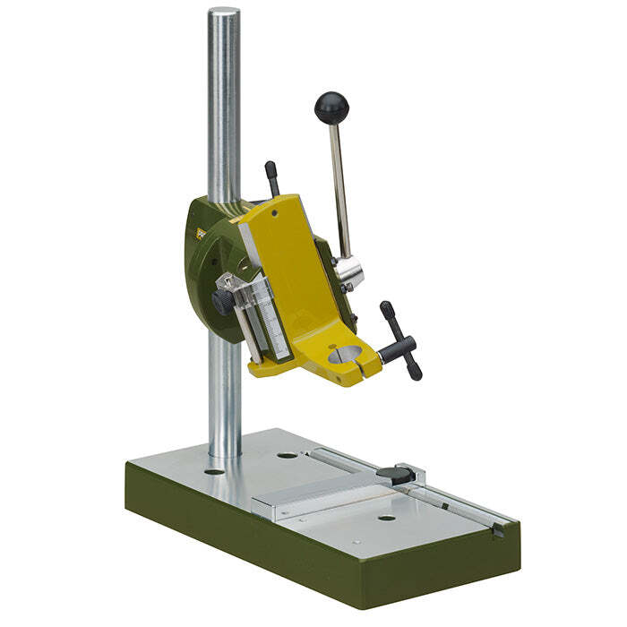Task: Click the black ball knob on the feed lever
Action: (x=331, y=108)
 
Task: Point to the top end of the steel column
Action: (x=224, y=14)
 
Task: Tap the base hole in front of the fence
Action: (x=386, y=518)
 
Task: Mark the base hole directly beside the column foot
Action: (x=214, y=470)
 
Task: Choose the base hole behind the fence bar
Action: (x=288, y=455)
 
